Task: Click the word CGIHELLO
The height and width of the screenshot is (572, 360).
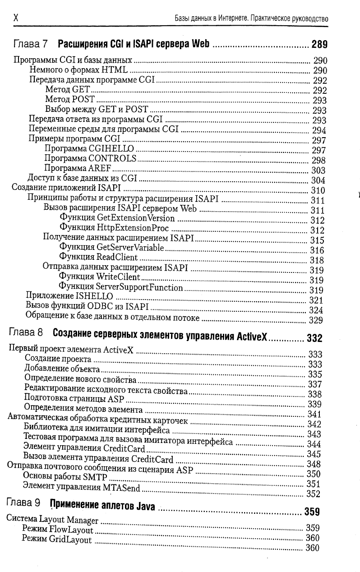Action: (111, 148)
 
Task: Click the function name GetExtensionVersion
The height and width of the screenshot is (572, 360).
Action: (135, 219)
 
